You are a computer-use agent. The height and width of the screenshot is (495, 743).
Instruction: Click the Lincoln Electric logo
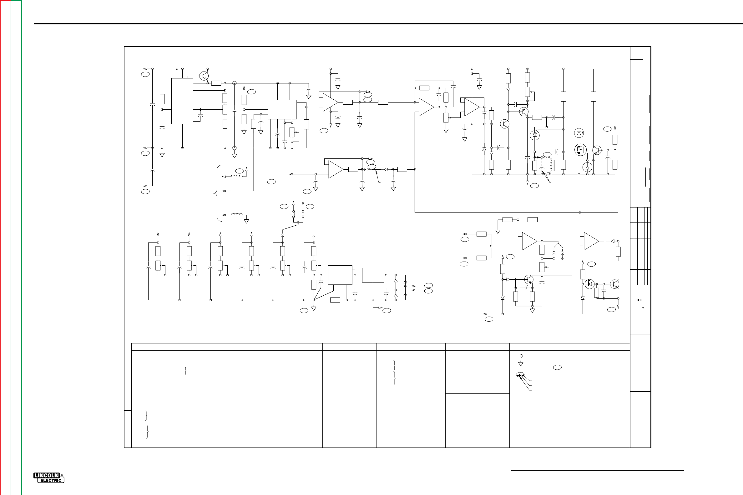49,477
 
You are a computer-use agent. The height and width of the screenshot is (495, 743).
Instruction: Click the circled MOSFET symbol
580,150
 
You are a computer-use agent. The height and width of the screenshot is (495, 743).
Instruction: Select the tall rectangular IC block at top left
182,101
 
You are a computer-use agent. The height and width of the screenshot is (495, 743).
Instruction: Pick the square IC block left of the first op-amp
282,110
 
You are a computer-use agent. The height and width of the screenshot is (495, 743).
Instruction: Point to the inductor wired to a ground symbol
237,215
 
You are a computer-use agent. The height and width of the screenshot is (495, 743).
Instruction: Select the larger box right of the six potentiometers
340,275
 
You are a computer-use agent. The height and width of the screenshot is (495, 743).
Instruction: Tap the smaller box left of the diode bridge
373,275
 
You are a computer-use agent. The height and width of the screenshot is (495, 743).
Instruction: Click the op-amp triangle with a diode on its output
591,241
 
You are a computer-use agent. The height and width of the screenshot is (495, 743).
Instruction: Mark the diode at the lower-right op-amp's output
612,241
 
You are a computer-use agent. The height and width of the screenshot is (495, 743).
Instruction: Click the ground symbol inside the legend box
521,364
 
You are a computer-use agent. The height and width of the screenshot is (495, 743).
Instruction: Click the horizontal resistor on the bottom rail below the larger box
335,300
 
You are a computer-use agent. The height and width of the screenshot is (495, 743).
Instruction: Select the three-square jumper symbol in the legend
520,375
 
